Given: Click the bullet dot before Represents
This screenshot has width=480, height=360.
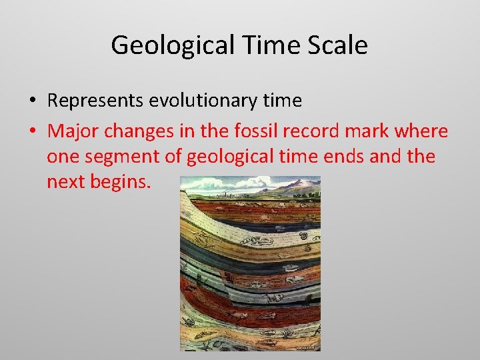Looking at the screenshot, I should click(x=32, y=101).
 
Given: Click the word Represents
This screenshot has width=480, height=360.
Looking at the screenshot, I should click(x=95, y=101).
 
